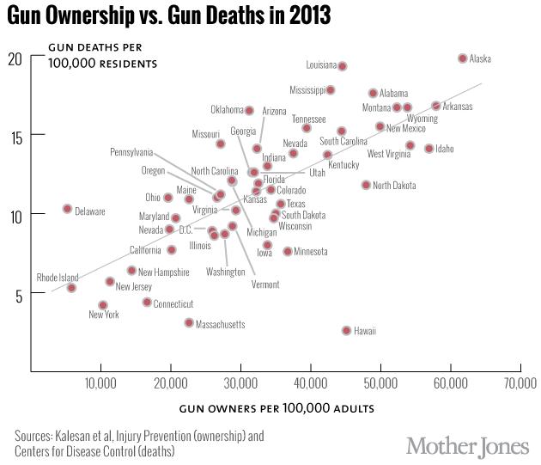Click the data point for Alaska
462,58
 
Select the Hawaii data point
347,330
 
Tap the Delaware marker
67,209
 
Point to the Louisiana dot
342,66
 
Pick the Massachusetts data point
189,322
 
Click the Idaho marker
429,149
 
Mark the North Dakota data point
366,185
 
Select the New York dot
103,305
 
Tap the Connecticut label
173,304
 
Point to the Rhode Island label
57,278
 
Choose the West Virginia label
388,154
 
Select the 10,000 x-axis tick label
100,381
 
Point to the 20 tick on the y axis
15,58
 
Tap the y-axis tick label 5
18,292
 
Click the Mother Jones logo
467,445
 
